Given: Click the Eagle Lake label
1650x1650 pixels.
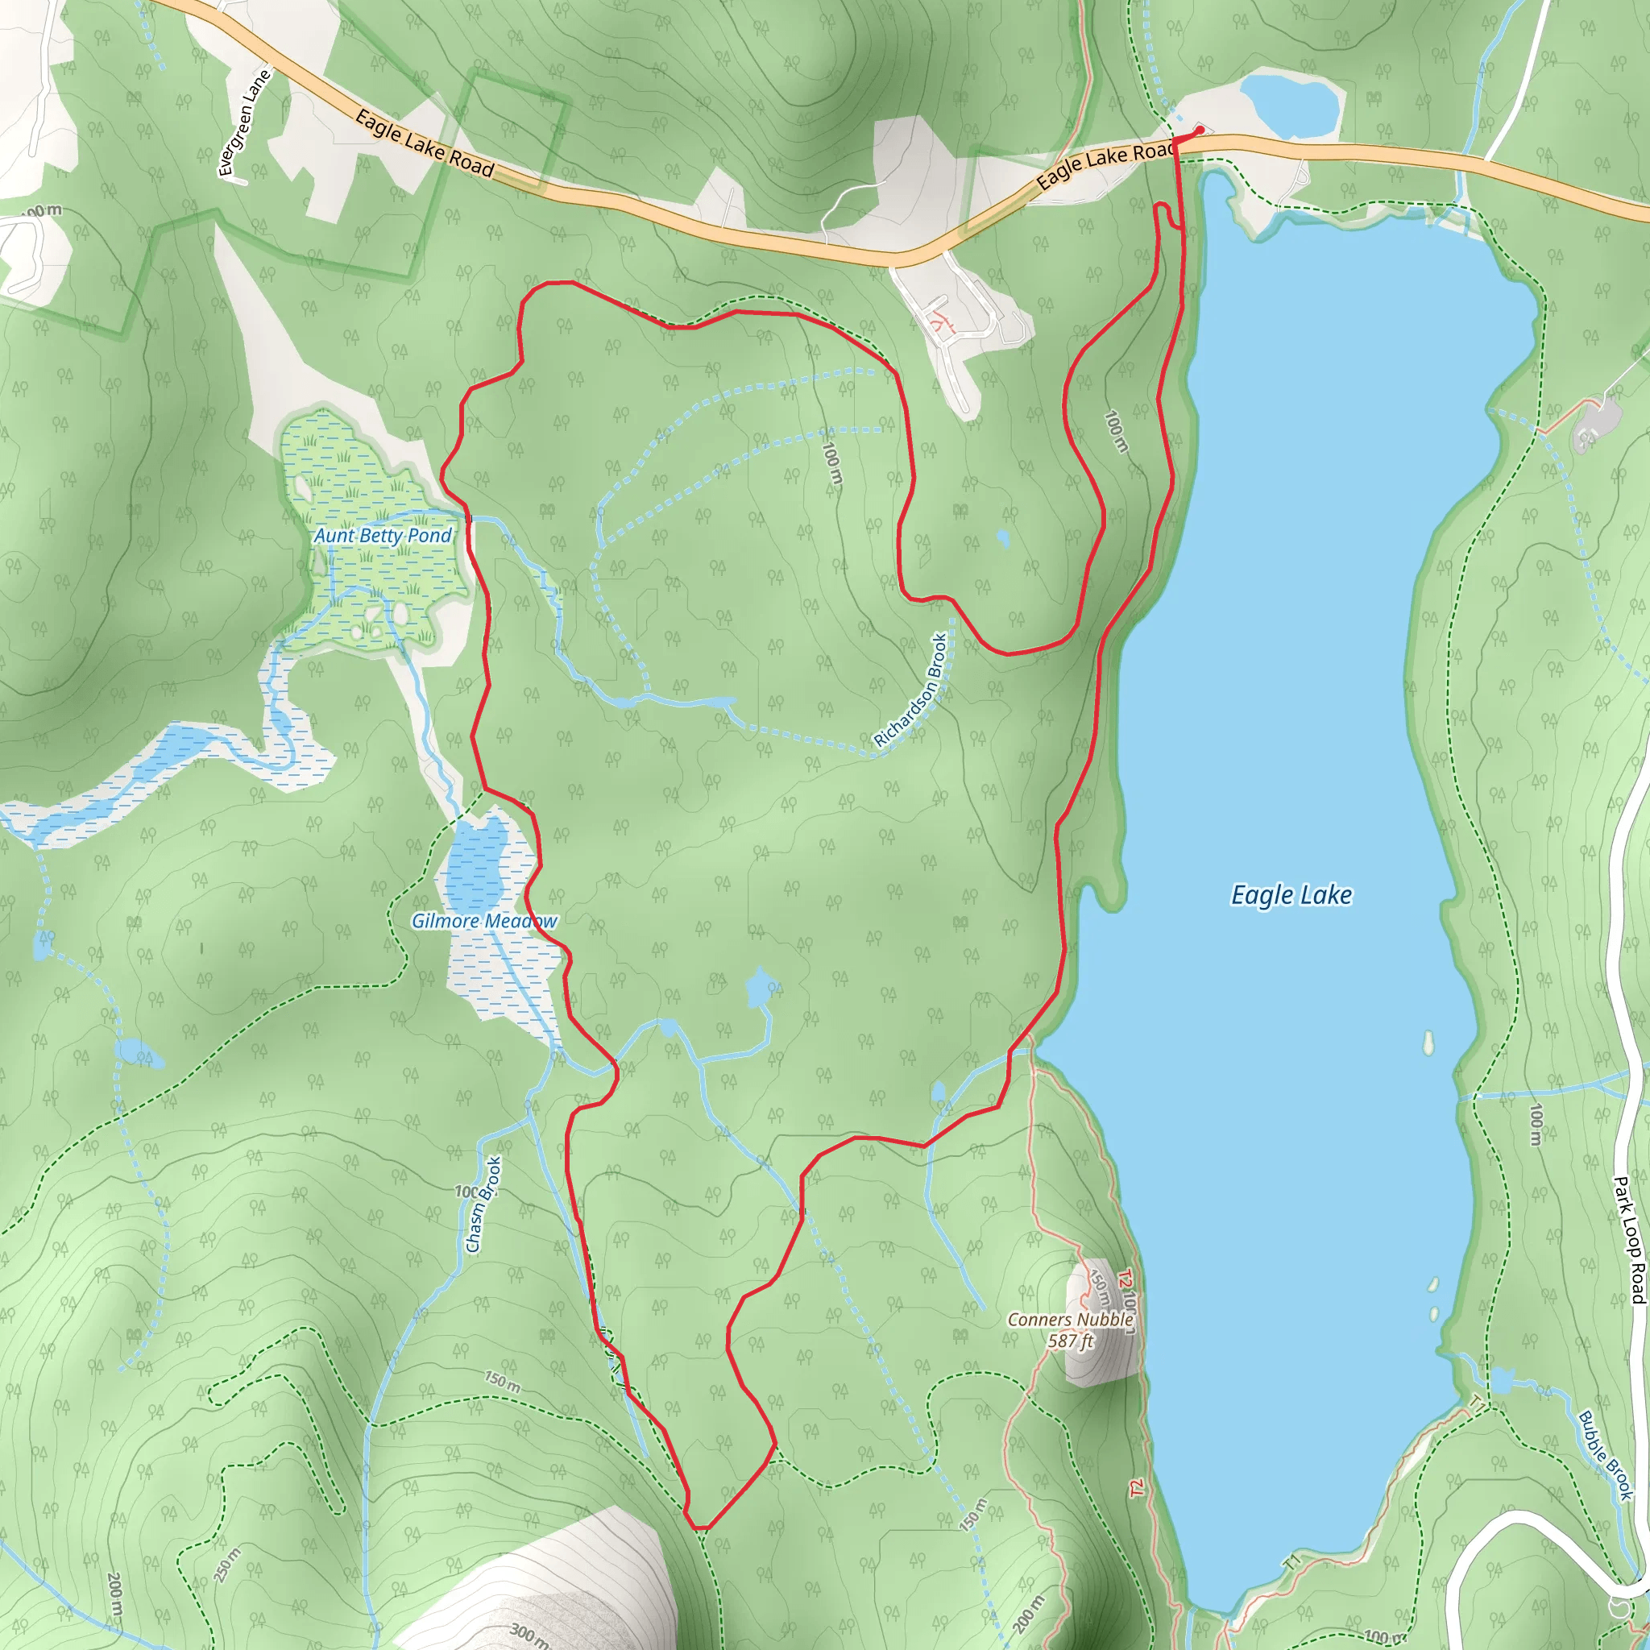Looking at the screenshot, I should coord(1291,895).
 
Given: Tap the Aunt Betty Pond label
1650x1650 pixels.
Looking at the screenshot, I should coord(383,536).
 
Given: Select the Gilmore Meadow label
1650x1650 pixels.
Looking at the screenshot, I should coord(484,921).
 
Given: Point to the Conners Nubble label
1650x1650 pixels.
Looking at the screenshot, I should coord(1070,1320).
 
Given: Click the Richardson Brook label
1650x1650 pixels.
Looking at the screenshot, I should coord(911,690).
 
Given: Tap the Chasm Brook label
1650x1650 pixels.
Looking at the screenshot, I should coord(483,1204).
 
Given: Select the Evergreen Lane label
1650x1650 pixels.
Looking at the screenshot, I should coord(244,123).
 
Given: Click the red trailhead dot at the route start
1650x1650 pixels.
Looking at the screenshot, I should coord(1200,130).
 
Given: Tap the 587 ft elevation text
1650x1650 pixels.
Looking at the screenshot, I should coord(1070,1341).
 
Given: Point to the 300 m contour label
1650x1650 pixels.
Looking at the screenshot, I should coord(529,1633).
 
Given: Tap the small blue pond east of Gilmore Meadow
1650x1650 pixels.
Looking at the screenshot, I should coord(758,989).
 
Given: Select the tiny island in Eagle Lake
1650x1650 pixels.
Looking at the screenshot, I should coord(1427,1043).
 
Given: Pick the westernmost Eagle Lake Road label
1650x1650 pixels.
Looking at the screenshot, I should coord(425,143).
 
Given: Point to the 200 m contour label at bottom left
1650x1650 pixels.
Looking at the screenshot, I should coord(115,1594).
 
